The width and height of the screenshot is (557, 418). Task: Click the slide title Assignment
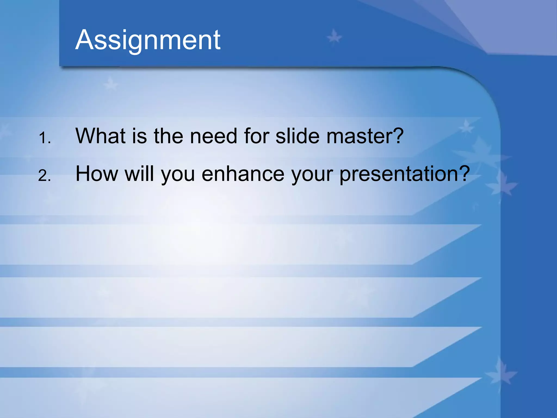click(x=148, y=40)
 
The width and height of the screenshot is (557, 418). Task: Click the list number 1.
click(x=44, y=138)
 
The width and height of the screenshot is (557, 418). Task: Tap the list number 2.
click(x=44, y=176)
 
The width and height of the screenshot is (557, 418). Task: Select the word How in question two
click(x=97, y=174)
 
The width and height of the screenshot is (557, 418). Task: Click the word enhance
click(x=243, y=174)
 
